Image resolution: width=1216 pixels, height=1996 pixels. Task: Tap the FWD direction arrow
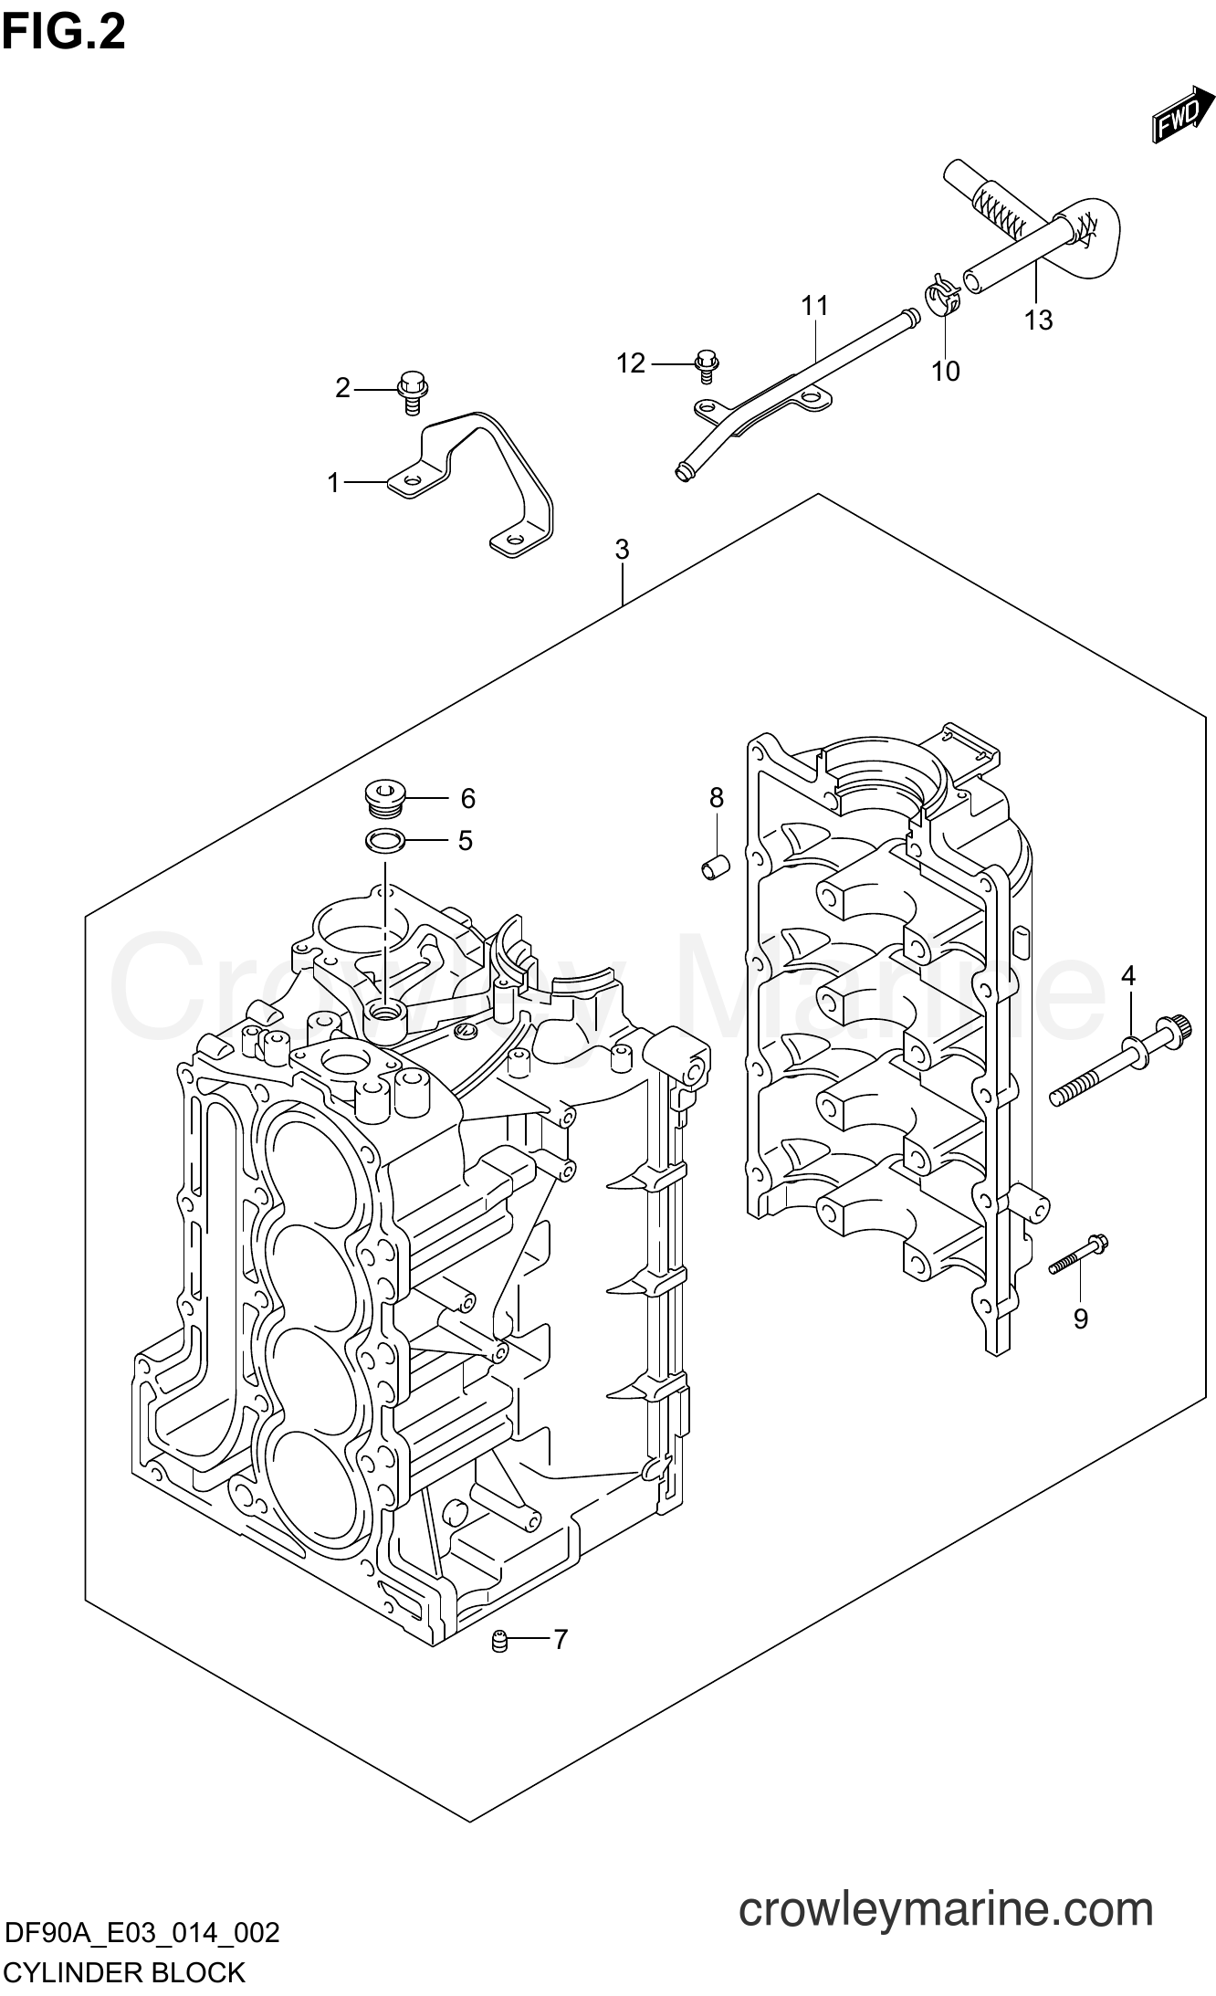(1181, 116)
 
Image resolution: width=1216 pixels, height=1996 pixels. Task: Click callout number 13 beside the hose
(1038, 320)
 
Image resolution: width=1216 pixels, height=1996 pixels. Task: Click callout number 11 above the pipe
(814, 305)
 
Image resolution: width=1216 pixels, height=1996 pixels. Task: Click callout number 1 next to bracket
(334, 482)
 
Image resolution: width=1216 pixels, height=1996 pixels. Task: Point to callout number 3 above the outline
(622, 550)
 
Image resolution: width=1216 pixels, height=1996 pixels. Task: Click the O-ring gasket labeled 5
(384, 839)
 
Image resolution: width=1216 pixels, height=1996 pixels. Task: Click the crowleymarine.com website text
(946, 1883)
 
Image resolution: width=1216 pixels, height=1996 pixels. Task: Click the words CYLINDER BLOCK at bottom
(124, 1972)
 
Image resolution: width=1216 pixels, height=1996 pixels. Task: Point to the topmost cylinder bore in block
(311, 1165)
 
